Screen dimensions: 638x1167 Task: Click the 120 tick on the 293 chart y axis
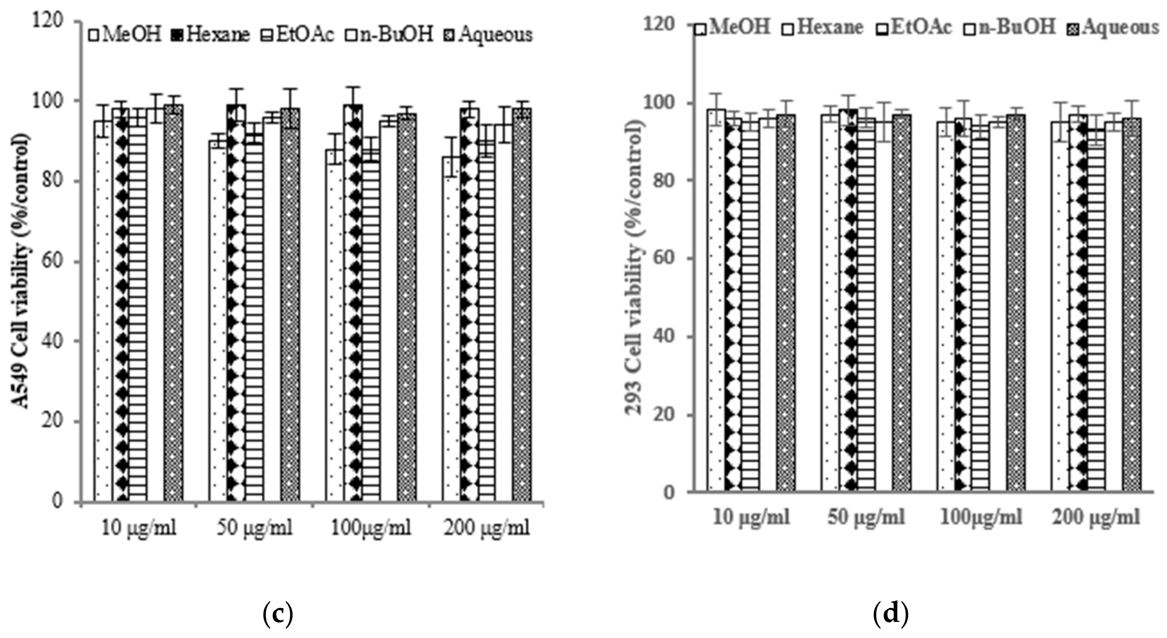[660, 25]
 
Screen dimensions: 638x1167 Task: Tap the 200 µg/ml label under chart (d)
[1096, 517]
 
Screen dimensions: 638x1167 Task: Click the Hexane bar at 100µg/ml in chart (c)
[353, 303]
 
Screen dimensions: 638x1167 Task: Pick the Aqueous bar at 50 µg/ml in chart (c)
[289, 303]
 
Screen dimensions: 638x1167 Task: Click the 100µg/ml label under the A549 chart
[371, 528]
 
